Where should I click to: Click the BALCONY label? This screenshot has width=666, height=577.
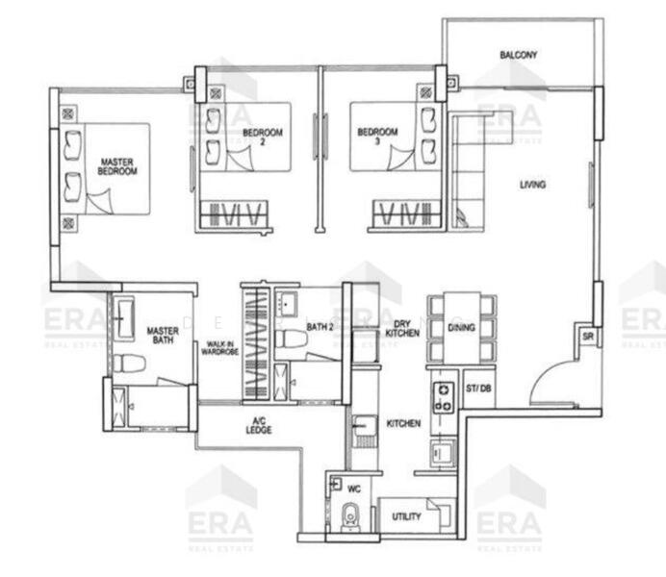point(518,55)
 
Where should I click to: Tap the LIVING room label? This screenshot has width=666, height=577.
point(533,184)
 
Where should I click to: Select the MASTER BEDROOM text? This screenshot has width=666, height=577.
point(117,165)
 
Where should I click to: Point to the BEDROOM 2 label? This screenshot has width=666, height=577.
point(262,136)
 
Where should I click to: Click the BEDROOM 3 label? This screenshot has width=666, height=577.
point(377,136)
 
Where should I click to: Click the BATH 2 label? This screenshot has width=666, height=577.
point(320,327)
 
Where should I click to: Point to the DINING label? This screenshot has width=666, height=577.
point(461,327)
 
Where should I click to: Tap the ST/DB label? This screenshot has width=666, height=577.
point(478,389)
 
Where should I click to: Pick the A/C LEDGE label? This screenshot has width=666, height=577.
point(259,426)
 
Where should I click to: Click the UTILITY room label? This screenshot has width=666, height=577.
point(406,517)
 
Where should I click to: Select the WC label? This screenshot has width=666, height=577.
point(353,488)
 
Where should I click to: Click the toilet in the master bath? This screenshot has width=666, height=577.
point(129,363)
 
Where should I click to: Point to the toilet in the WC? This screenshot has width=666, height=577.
point(351,516)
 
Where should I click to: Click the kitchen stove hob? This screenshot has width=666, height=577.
point(443,396)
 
